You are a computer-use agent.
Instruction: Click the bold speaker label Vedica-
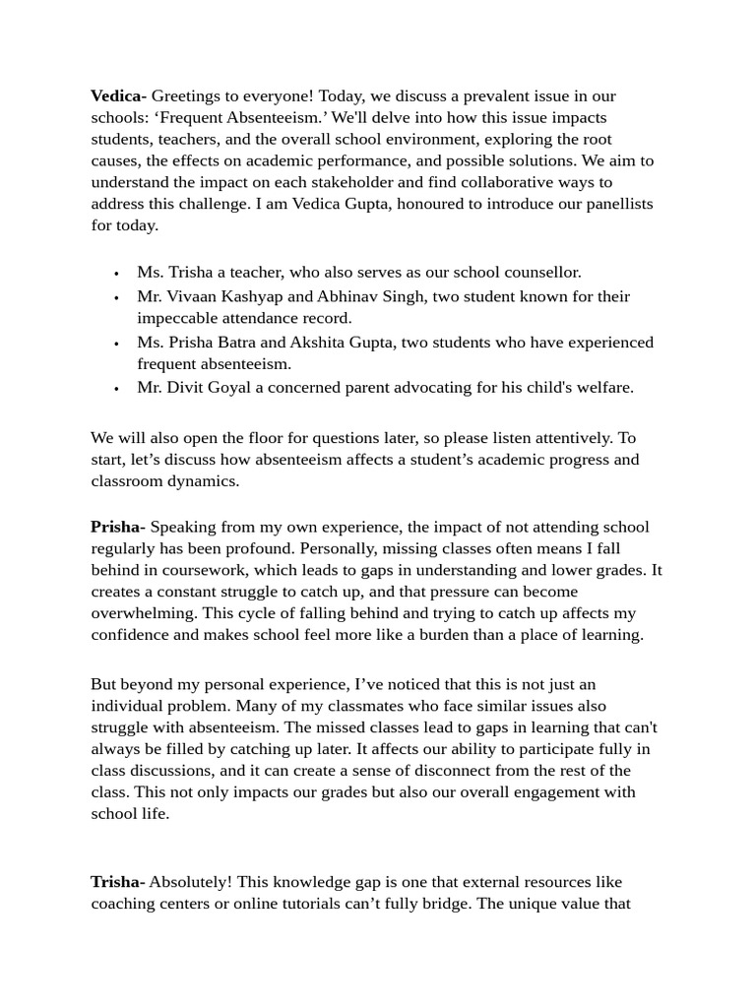coord(118,95)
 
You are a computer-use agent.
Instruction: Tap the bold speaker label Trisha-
coord(117,881)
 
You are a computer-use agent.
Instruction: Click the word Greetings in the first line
coord(186,95)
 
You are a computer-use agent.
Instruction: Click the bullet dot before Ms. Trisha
coord(116,273)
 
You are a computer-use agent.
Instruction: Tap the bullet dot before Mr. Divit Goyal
coord(116,388)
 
